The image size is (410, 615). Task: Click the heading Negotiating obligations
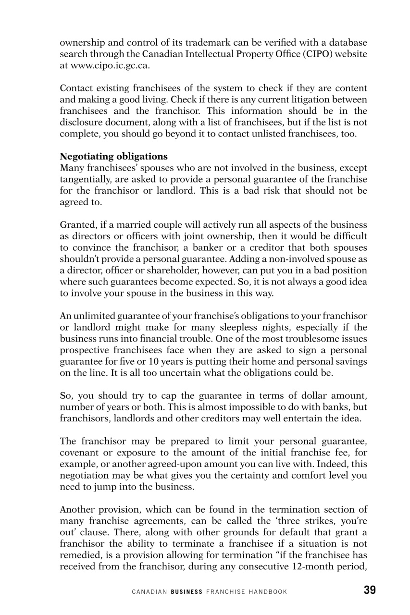(113, 156)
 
